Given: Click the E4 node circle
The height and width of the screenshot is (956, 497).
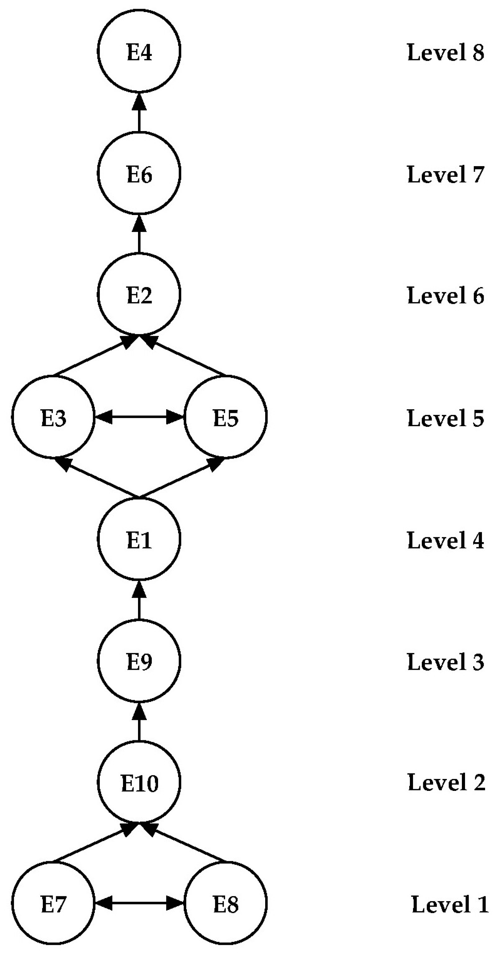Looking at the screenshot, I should click(x=139, y=51).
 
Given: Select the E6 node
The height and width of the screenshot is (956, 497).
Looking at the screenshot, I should click(x=139, y=173).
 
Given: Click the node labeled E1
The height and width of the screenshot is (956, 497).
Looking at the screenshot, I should click(x=139, y=539).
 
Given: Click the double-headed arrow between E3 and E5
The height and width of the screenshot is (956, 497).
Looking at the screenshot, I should click(x=139, y=417).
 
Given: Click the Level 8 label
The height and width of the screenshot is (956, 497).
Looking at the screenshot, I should click(x=445, y=52).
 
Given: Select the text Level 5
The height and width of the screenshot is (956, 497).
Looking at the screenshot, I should click(x=445, y=418).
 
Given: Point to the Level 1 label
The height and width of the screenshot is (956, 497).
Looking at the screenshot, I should click(x=450, y=904).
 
